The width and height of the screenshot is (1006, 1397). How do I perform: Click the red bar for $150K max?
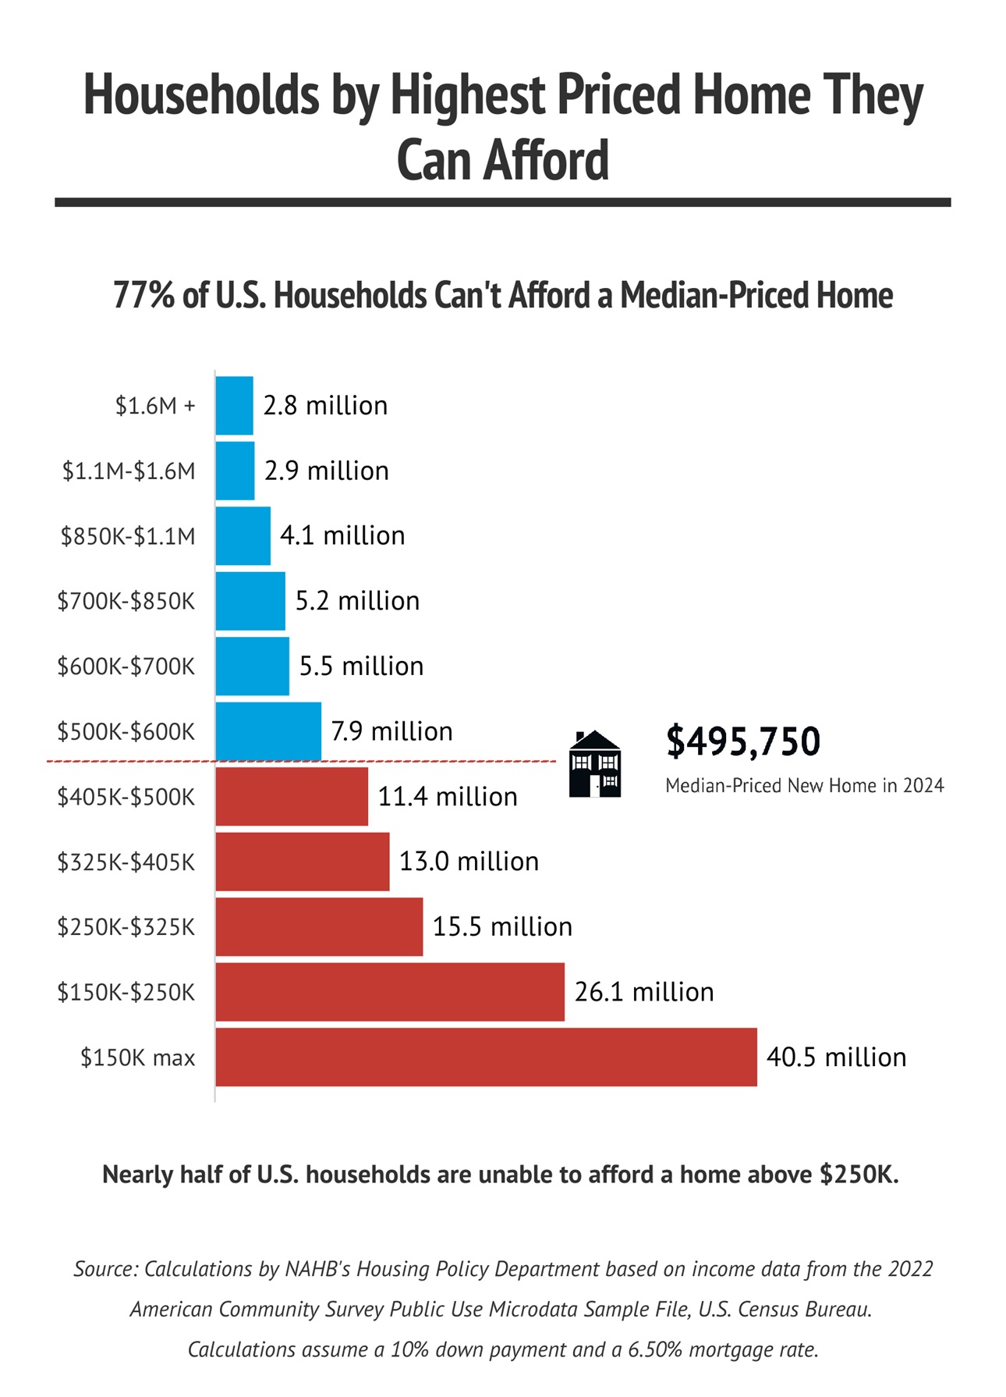click(x=486, y=1057)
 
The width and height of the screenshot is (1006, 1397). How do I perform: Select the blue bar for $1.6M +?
click(x=234, y=406)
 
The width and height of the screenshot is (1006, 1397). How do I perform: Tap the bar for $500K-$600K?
click(x=268, y=731)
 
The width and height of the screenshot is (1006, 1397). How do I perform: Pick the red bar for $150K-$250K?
click(x=390, y=992)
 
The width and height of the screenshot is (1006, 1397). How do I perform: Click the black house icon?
click(x=595, y=764)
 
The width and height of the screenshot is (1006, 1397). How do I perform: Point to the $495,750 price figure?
click(x=742, y=741)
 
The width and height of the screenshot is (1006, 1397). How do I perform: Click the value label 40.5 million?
click(x=836, y=1057)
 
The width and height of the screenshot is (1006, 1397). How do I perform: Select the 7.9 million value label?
click(x=391, y=731)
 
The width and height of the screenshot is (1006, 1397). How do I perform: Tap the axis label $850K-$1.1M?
click(x=128, y=536)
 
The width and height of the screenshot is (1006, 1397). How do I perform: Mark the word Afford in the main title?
click(x=545, y=161)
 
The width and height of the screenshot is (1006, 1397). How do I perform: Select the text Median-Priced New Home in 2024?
click(x=804, y=785)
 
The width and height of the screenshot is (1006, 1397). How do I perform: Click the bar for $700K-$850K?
click(x=250, y=601)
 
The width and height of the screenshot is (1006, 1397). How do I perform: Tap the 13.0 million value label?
click(x=469, y=862)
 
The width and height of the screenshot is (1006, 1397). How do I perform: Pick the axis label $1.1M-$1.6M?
click(x=129, y=471)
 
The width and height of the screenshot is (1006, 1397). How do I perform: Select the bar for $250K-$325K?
click(x=319, y=926)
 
